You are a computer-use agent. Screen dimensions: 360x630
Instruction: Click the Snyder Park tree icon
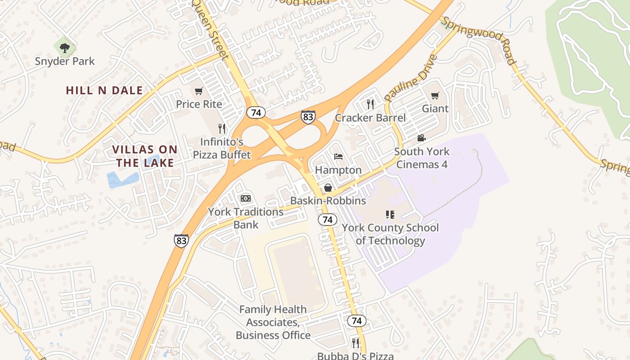click(65, 47)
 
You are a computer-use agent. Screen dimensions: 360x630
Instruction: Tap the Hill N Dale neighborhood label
click(104, 90)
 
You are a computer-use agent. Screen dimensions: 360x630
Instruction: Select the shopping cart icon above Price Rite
click(198, 91)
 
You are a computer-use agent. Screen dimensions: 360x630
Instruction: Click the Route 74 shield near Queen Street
click(256, 112)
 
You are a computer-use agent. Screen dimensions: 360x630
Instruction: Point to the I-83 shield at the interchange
click(308, 117)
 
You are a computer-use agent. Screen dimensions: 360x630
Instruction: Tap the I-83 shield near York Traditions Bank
click(181, 241)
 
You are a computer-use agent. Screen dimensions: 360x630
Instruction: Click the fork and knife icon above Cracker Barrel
click(370, 104)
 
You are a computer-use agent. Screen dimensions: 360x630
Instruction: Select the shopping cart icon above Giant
click(435, 95)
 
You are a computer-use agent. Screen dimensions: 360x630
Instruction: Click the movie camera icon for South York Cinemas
click(421, 138)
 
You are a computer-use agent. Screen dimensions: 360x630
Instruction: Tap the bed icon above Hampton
click(338, 157)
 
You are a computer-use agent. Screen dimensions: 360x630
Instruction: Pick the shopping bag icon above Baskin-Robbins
click(328, 188)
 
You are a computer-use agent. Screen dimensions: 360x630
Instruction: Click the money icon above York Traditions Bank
click(245, 198)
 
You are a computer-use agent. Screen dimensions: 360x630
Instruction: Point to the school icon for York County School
click(390, 214)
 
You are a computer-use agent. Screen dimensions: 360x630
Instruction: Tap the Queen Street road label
click(211, 29)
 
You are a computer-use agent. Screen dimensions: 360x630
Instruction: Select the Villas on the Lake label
click(145, 156)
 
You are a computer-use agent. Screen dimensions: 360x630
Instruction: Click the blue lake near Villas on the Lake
click(122, 179)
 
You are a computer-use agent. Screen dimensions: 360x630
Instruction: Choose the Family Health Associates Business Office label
click(273, 322)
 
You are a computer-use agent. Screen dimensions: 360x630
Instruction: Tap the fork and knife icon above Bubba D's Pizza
click(355, 343)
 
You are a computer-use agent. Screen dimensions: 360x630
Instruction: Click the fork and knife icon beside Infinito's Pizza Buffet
click(221, 129)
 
